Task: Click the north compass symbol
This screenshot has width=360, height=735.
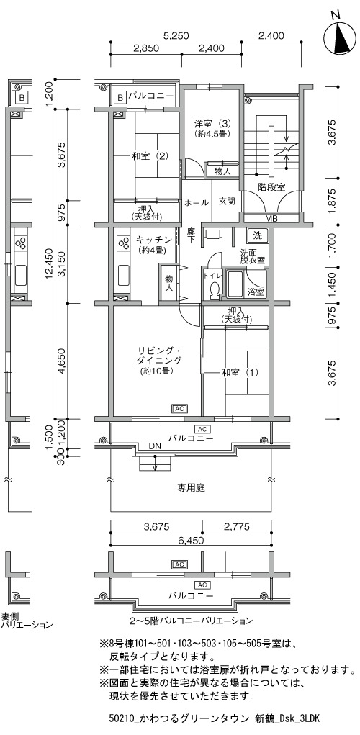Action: coord(341,37)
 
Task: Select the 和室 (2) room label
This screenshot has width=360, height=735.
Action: coord(150,156)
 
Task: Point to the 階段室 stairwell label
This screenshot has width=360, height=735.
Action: coord(271,187)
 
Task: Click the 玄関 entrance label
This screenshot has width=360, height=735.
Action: coord(226,202)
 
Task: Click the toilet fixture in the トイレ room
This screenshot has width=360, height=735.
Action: coord(215,290)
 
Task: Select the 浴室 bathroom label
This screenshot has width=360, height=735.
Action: coord(256,291)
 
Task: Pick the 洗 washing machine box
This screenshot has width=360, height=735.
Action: coord(257,235)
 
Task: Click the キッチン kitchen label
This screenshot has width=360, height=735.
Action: coord(151,240)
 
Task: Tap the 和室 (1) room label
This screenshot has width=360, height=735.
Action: coord(240,373)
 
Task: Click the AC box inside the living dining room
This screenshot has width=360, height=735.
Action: coord(179,409)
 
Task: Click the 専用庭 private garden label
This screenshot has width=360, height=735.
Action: coord(191,488)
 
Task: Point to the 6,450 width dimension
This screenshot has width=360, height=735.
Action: coord(192,540)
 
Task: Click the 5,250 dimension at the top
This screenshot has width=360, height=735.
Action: coord(176,35)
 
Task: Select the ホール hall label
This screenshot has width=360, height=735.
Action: coord(197,202)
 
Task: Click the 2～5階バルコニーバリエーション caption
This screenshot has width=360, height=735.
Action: coord(191,621)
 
